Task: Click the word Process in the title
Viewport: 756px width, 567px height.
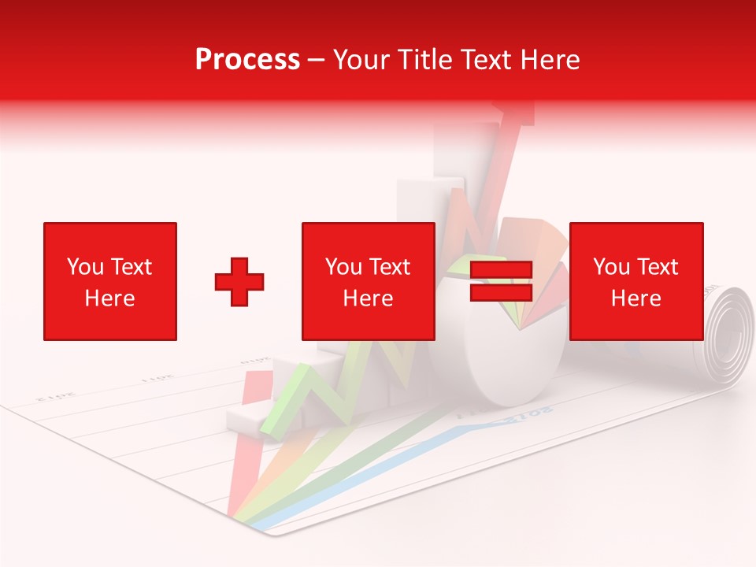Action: (247, 60)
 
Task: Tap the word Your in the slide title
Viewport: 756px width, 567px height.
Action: (361, 60)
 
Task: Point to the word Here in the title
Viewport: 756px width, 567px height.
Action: (547, 60)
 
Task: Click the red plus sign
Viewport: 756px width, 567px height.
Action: (239, 282)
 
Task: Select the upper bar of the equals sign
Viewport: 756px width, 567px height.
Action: (501, 270)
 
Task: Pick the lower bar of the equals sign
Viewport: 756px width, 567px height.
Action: (501, 293)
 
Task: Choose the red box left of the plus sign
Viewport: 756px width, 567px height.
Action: (110, 281)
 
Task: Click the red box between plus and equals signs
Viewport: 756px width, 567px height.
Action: (368, 281)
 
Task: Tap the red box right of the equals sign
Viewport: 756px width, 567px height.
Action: (636, 281)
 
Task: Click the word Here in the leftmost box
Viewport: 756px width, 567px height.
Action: (109, 298)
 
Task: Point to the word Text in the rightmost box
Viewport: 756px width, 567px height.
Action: (659, 267)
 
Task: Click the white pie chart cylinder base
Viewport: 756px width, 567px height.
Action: (504, 370)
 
